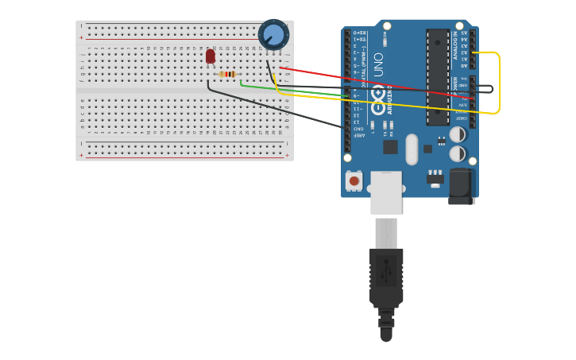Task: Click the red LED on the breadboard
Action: [x=211, y=56]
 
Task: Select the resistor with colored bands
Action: [x=228, y=74]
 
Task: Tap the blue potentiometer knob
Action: [x=273, y=34]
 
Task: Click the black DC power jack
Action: [x=462, y=187]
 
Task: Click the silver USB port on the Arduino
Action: [x=386, y=192]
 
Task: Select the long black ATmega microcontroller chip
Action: [x=438, y=77]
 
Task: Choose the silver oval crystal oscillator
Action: [x=411, y=149]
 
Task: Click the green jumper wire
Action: [x=294, y=91]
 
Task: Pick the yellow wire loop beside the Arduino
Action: [x=498, y=83]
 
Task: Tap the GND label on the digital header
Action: [x=358, y=129]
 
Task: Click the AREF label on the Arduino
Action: [x=358, y=136]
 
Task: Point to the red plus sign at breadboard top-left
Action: [x=81, y=37]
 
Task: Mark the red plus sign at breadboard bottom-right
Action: [x=287, y=155]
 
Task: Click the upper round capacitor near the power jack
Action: [x=458, y=136]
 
